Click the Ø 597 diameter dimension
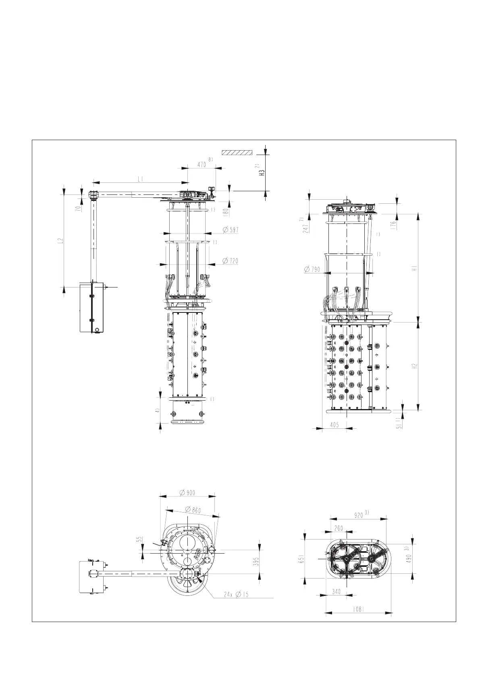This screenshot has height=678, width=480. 231,230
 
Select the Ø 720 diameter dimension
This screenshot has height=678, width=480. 231,261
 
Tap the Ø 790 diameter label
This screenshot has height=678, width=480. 313,269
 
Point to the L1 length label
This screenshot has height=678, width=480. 141,179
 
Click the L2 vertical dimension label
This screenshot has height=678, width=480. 60,240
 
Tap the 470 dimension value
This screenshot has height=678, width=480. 202,164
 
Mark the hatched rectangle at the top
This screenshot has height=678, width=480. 237,153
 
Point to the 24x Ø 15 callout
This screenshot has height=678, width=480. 237,594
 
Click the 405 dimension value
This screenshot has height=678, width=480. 334,425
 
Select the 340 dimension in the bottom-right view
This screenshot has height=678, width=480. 337,591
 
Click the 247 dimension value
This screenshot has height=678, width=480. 306,228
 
